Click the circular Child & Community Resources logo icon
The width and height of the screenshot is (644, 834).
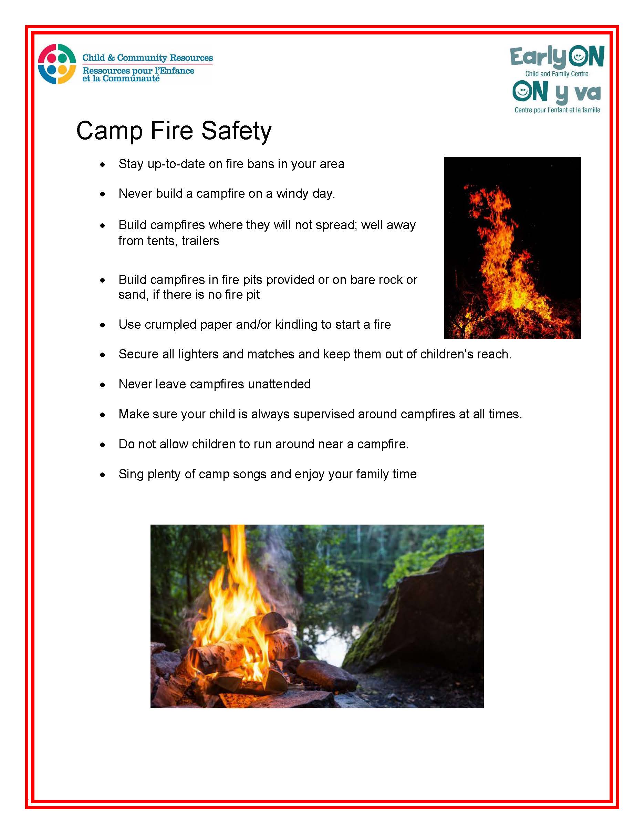pyautogui.click(x=57, y=64)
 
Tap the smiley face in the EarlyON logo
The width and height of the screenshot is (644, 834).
pyautogui.click(x=578, y=57)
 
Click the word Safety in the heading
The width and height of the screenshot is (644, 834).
pyautogui.click(x=237, y=131)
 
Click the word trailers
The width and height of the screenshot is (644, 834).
pyautogui.click(x=200, y=241)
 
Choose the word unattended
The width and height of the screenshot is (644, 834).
pyautogui.click(x=279, y=384)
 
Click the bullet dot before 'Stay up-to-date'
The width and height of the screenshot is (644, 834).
pyautogui.click(x=102, y=165)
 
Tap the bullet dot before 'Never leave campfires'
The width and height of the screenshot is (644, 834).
pyautogui.click(x=102, y=385)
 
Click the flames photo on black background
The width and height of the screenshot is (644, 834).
pyautogui.click(x=512, y=248)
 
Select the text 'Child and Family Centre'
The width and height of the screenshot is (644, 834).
pyautogui.click(x=557, y=74)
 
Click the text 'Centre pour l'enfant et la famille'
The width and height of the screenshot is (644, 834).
pyautogui.click(x=558, y=110)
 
